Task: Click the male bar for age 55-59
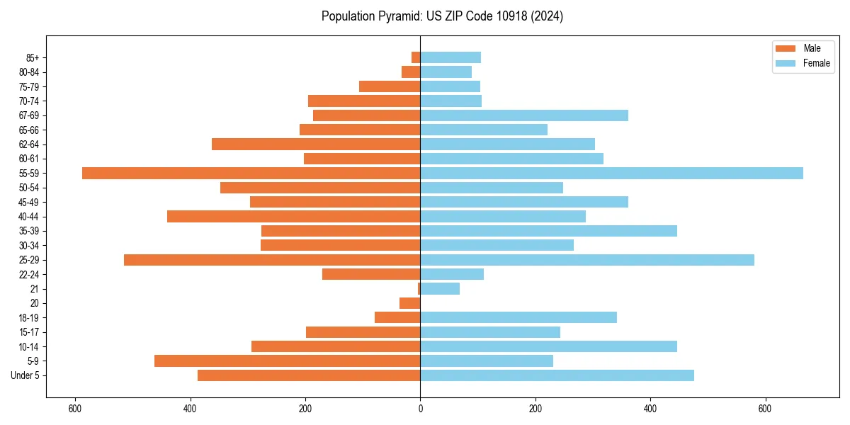(x=251, y=173)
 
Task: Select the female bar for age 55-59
(x=611, y=173)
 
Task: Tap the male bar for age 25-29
(x=272, y=260)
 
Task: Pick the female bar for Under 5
(x=557, y=375)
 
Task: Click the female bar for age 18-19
(x=518, y=317)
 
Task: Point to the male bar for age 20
(x=410, y=303)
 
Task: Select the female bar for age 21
(x=440, y=288)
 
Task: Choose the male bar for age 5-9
(x=287, y=361)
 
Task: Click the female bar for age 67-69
(x=524, y=115)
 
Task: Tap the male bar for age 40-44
(x=293, y=216)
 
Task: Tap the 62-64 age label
(x=29, y=144)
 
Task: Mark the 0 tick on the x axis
(x=420, y=409)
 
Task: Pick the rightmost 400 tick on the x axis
(x=650, y=409)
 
